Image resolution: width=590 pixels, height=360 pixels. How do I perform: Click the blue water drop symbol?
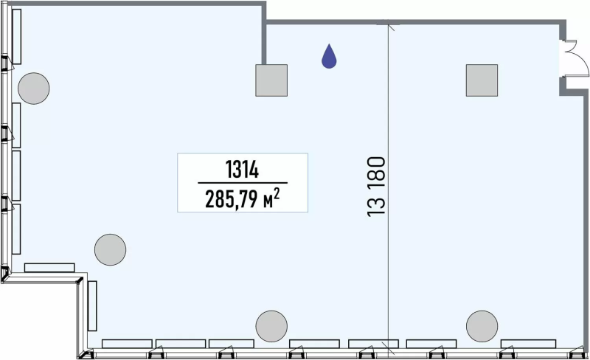click(329, 57)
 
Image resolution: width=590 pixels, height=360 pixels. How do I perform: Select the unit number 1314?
click(243, 170)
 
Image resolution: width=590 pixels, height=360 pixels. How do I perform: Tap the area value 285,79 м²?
click(243, 198)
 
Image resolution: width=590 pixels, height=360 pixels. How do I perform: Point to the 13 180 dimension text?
click(377, 187)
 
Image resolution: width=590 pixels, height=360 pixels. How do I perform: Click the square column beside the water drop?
click(271, 80)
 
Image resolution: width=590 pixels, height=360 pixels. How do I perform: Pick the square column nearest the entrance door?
click(482, 80)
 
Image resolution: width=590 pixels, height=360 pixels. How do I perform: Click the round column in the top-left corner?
click(33, 89)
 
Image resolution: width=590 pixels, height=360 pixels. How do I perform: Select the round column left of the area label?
click(110, 249)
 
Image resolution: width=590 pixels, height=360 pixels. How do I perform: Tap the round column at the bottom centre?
click(271, 327)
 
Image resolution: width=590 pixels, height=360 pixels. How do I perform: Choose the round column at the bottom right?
click(482, 327)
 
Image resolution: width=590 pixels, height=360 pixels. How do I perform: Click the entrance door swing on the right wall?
click(575, 58)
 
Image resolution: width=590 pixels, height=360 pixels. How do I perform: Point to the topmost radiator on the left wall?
click(16, 37)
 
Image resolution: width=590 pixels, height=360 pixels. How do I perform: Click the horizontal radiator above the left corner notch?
click(49, 268)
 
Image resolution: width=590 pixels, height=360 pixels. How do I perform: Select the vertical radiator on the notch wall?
click(92, 305)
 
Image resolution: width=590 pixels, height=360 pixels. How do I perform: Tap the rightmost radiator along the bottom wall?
click(528, 344)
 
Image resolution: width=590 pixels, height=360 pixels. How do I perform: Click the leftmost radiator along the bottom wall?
click(127, 344)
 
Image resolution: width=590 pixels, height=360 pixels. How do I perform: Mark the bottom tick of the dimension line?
click(389, 348)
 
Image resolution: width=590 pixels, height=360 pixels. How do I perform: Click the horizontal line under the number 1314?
click(243, 183)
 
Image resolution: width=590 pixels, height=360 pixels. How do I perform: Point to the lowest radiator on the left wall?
click(16, 229)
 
